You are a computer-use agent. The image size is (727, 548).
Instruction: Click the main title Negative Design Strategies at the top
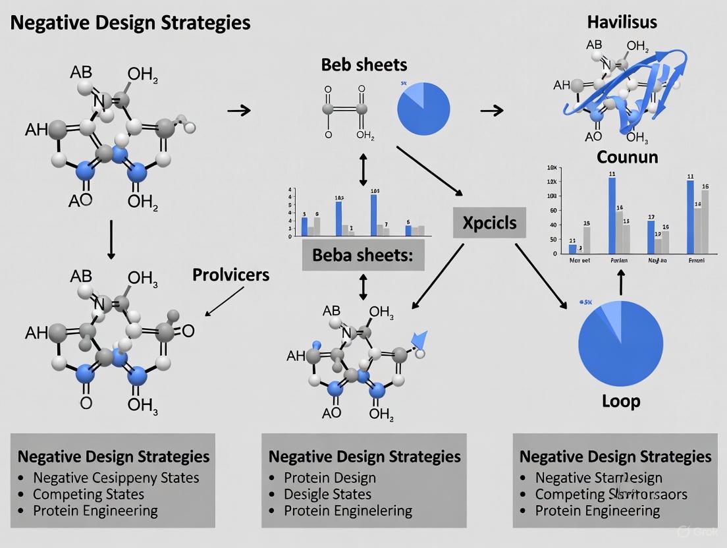131,22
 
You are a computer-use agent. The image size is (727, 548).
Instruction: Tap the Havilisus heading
622,22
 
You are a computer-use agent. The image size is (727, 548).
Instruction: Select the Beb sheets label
364,65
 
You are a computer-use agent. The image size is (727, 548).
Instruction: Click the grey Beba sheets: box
363,256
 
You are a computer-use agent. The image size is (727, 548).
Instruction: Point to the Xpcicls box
489,223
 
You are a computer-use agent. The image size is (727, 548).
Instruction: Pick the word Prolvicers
230,275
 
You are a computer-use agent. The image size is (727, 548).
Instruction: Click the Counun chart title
627,157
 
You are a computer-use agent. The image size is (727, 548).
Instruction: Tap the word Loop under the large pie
621,400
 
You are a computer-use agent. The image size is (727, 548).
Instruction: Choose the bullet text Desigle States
327,494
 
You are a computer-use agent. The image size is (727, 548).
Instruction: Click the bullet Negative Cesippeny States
116,478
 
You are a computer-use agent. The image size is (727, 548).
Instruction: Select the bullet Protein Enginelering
348,510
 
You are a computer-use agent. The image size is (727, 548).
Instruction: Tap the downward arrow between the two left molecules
111,239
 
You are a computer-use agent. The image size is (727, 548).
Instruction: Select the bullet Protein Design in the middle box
330,478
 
